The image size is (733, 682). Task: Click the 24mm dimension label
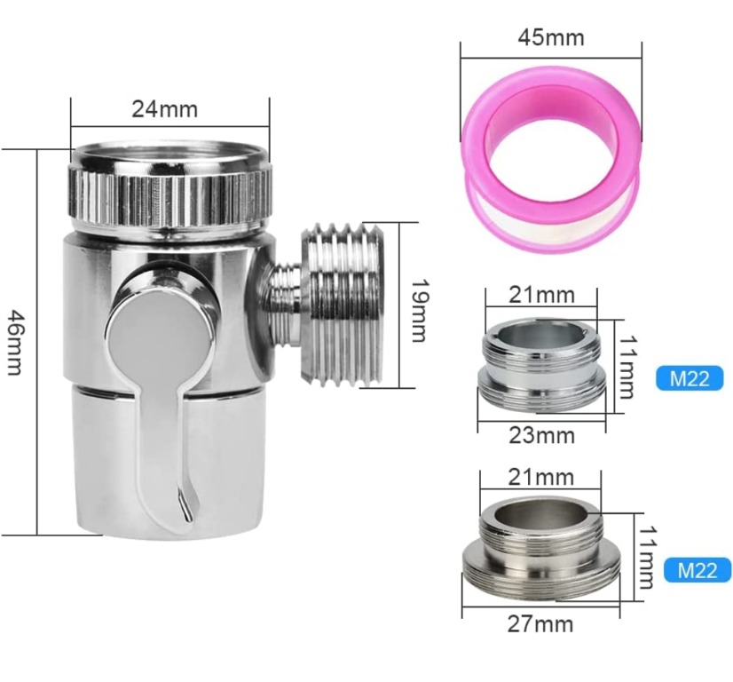[x=164, y=109]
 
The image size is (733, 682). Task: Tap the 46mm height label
[x=14, y=342]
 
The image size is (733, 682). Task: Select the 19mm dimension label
[x=419, y=311]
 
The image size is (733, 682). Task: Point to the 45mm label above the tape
[x=551, y=37]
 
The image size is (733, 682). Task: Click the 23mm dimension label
[x=541, y=435]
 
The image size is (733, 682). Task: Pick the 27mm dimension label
[x=540, y=624]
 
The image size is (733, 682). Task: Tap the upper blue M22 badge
[x=690, y=378]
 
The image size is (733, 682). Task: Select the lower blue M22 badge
[x=698, y=570]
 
